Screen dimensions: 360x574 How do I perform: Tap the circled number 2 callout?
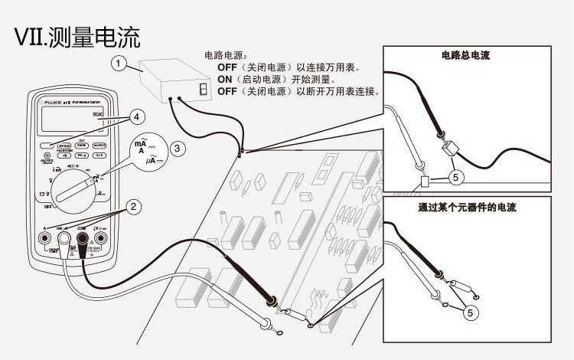click(133, 206)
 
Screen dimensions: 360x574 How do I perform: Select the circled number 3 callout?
click(177, 149)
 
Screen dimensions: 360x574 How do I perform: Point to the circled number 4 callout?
click(135, 117)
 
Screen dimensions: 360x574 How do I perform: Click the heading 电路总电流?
click(465, 55)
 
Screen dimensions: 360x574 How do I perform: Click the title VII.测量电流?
click(77, 35)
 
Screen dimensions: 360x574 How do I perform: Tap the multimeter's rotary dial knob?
click(76, 183)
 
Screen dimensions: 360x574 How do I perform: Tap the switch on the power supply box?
click(203, 90)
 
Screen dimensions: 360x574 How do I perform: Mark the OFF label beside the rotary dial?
click(47, 207)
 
